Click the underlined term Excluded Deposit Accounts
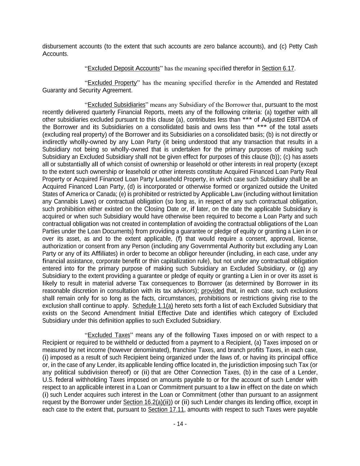pyautogui.click(x=124, y=68)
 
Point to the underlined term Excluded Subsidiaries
pyautogui.click(x=116, y=105)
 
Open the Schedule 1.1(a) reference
pyautogui.click(x=153, y=306)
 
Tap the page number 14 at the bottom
pyautogui.click(x=180, y=424)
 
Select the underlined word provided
pyautogui.click(x=213, y=291)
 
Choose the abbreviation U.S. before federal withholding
pyautogui.click(x=48, y=380)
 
